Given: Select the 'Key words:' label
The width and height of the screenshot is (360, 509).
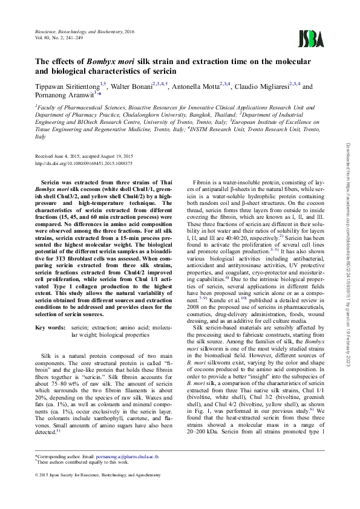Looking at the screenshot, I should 50,327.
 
